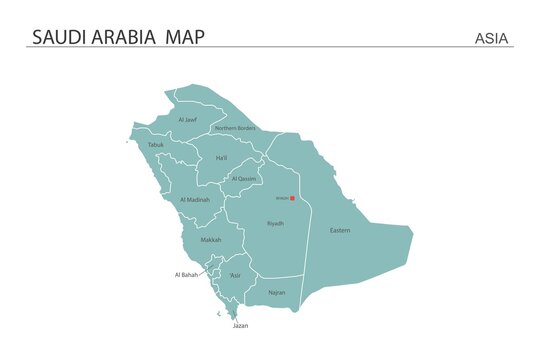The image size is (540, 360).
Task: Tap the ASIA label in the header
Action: (x=491, y=39)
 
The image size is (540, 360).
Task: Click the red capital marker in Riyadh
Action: (x=292, y=198)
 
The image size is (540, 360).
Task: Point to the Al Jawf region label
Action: (x=187, y=120)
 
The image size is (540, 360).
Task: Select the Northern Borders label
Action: (x=235, y=128)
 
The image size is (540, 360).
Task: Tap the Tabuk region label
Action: (x=155, y=145)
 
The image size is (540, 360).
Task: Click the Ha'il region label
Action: (x=221, y=158)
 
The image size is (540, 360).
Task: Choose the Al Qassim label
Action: (x=244, y=179)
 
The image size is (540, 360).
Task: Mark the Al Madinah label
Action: (x=194, y=200)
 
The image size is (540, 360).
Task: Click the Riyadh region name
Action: (x=275, y=223)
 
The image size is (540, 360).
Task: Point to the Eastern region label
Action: (x=340, y=231)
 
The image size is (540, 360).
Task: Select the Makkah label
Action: (x=211, y=240)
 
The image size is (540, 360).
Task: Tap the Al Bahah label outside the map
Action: (x=186, y=274)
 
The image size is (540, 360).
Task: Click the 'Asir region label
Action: (x=235, y=275)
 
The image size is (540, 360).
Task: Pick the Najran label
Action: (x=277, y=293)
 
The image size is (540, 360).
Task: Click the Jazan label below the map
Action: (x=241, y=326)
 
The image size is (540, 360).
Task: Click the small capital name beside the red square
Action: (x=281, y=198)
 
